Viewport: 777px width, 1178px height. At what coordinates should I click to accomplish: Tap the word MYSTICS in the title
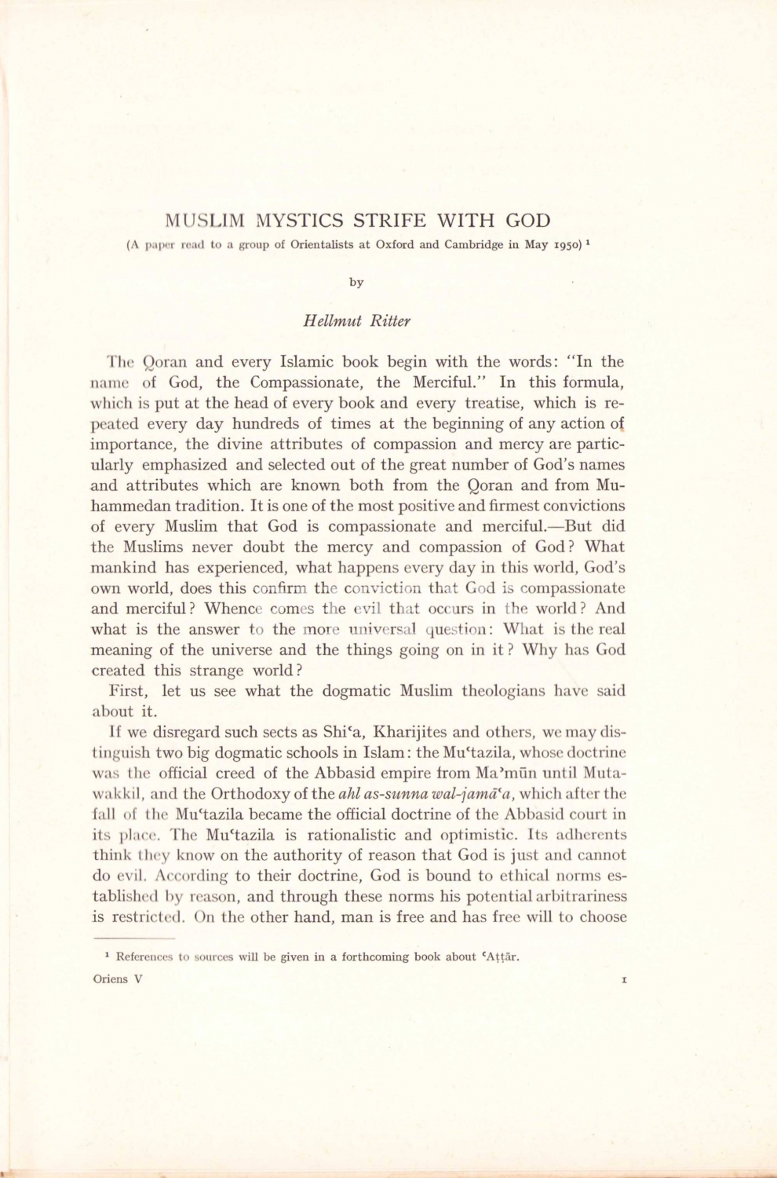click(x=301, y=221)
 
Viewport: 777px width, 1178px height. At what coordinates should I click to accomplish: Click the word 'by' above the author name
click(x=356, y=282)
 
